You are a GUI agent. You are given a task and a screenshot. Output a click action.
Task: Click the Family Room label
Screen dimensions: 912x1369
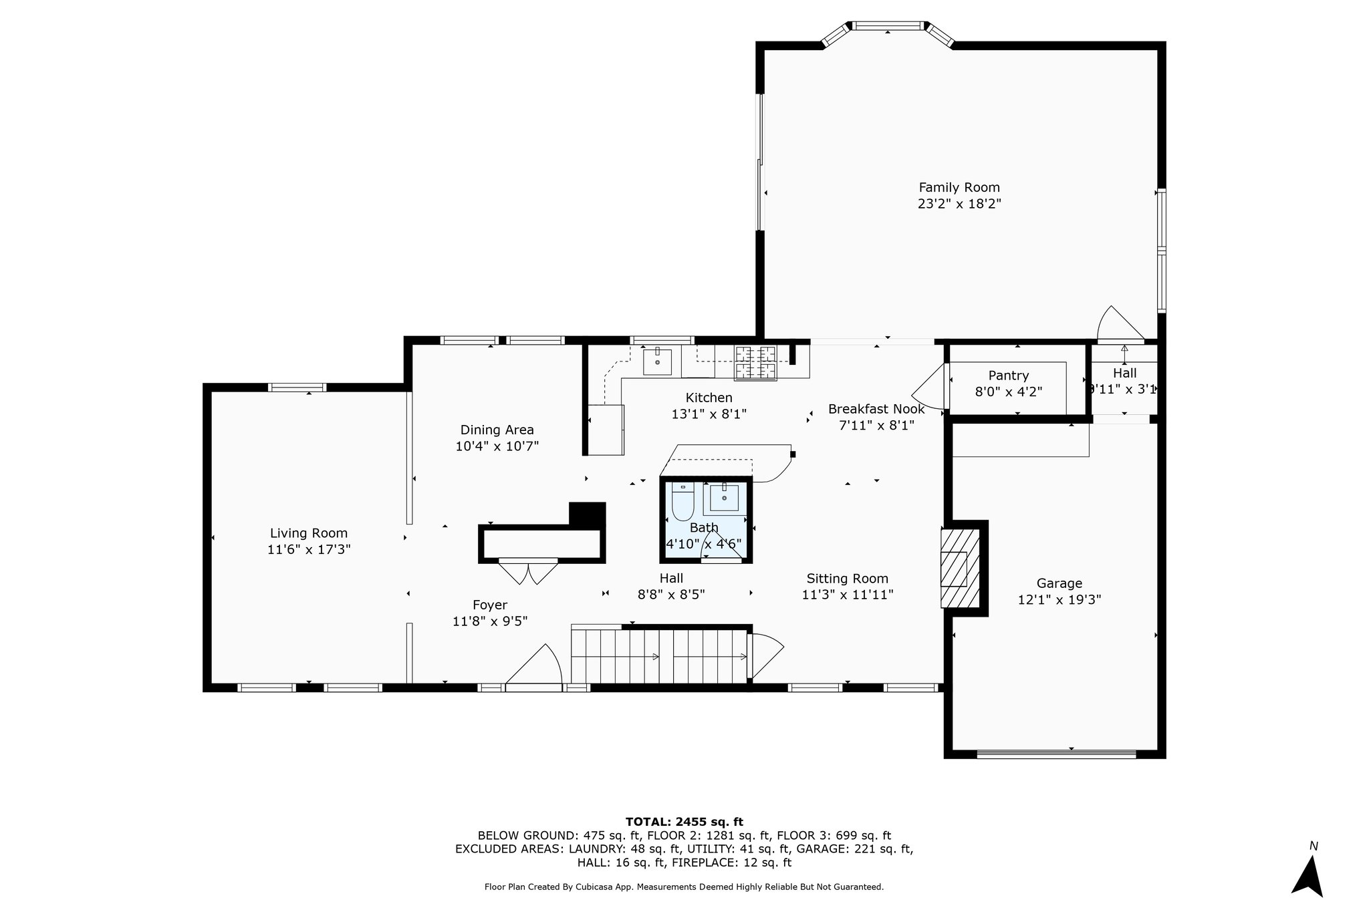[x=959, y=188]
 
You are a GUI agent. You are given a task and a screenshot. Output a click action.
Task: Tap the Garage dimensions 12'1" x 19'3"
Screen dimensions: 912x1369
[x=1059, y=600]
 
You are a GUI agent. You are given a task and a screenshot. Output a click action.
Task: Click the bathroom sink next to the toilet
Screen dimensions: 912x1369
[x=724, y=498]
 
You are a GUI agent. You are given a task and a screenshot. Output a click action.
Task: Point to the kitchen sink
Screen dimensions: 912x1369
[x=657, y=361]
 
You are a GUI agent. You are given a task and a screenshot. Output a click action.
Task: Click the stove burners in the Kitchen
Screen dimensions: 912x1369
[x=756, y=362]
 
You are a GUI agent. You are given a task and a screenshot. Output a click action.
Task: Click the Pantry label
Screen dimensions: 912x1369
[x=1009, y=375]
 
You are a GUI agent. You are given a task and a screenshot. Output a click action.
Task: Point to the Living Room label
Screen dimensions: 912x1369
[x=309, y=533]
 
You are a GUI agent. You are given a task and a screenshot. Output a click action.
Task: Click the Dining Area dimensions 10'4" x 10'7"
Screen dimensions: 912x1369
[x=497, y=446]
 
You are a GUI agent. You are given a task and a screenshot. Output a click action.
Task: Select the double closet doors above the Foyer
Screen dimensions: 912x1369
[x=528, y=573]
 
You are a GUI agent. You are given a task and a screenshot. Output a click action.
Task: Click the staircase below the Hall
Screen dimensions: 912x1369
[x=659, y=656]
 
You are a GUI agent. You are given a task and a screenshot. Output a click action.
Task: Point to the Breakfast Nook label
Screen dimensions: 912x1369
[x=876, y=409]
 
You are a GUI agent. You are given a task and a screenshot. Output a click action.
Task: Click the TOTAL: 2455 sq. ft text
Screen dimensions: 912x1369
[x=684, y=822]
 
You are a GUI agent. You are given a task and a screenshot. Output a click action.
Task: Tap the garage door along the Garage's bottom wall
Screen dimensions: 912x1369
[x=1056, y=754]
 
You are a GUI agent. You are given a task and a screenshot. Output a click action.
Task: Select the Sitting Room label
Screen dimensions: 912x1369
[x=847, y=579]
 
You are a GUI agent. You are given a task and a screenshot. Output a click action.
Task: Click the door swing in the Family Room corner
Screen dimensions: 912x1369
[x=1118, y=325]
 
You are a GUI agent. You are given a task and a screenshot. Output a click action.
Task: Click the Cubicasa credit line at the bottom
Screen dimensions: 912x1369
[x=684, y=887]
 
